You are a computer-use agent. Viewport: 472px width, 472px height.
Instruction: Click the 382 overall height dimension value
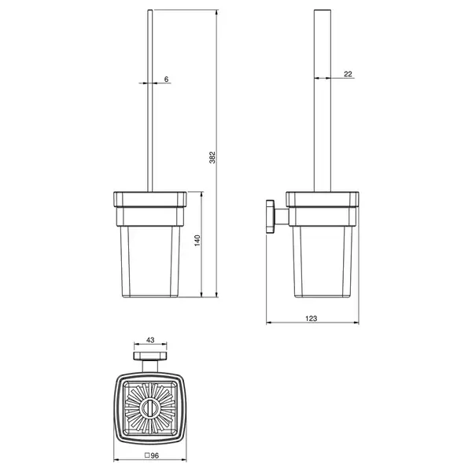212,157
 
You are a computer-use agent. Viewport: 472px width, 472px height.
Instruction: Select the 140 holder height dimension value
197,241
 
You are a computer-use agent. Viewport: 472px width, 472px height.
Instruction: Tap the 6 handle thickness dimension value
167,79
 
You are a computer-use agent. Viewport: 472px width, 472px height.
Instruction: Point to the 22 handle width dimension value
348,74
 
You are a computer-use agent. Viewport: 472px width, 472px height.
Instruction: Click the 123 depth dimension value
312,318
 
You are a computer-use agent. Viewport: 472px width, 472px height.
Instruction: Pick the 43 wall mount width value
150,340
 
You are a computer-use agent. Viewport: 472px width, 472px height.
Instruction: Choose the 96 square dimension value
154,455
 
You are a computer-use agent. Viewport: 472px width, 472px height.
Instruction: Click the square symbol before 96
147,455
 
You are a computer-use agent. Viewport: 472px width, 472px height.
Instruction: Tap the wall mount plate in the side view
270,216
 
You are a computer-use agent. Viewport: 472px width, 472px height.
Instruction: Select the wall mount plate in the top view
150,356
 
